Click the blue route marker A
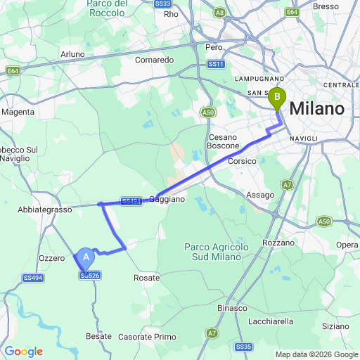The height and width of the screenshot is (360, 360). (x=86, y=258)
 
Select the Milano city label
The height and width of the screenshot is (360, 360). (x=317, y=109)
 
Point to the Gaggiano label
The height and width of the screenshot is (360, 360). (x=167, y=199)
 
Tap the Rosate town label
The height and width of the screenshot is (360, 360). (x=146, y=278)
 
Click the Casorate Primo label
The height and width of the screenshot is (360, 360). (x=148, y=337)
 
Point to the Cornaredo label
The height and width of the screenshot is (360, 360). (x=155, y=60)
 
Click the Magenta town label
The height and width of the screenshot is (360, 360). (x=18, y=112)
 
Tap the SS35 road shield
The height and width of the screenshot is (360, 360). (x=244, y=347)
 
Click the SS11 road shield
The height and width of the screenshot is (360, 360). (x=216, y=65)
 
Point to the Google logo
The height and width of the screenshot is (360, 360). (x=23, y=352)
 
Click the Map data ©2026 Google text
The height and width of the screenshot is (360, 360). (x=316, y=354)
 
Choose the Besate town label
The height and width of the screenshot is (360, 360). (x=98, y=336)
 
